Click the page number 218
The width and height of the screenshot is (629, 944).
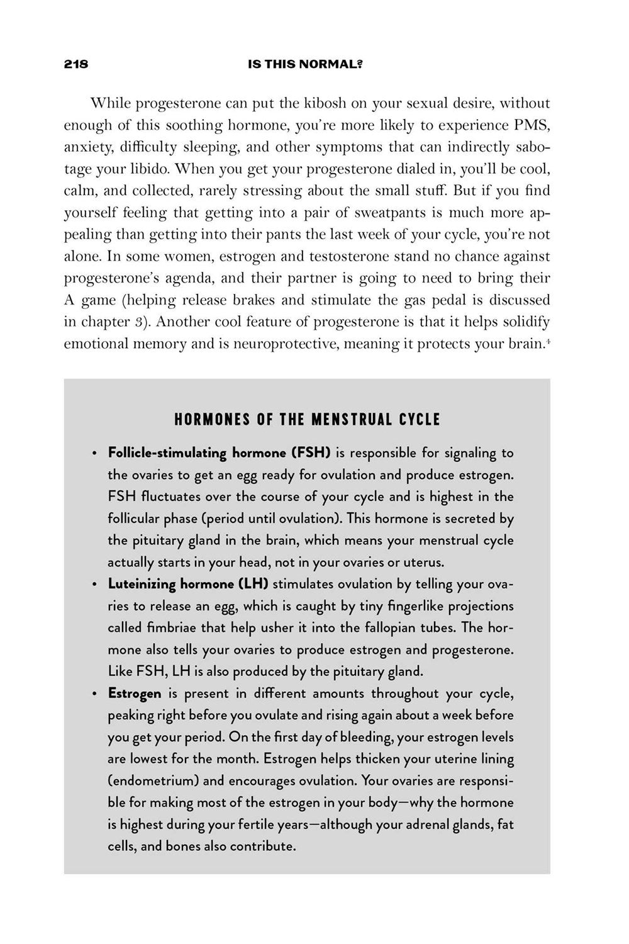point(75,64)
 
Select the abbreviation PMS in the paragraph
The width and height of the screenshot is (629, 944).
point(532,125)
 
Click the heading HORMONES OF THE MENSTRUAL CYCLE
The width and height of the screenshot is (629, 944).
point(307,419)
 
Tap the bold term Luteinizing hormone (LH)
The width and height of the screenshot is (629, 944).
point(188,583)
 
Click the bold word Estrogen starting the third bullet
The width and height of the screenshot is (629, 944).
point(135,693)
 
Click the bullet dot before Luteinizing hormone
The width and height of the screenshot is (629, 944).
point(94,585)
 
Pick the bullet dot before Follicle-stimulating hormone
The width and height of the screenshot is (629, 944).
point(94,454)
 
